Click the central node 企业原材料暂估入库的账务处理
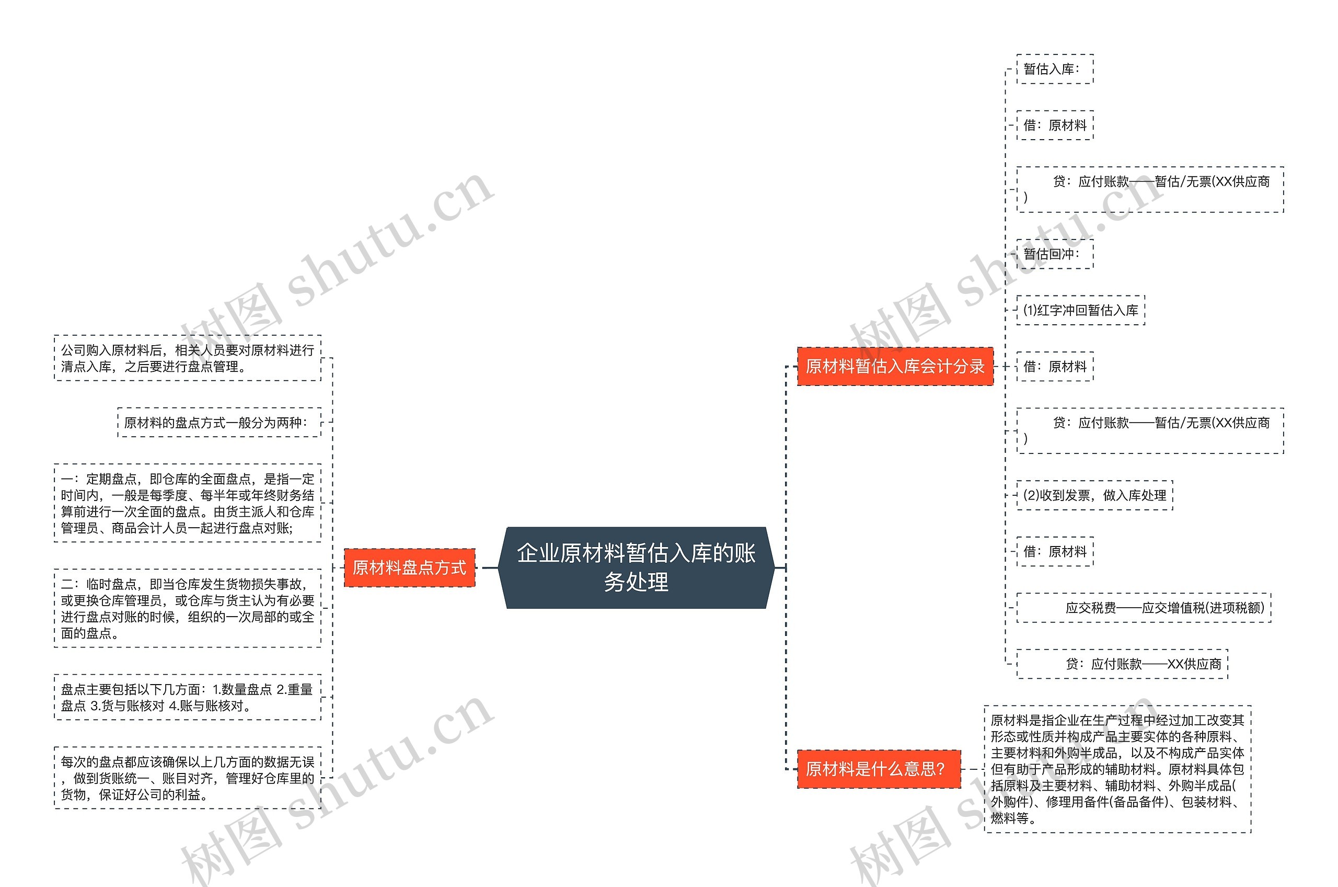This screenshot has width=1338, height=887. click(636, 567)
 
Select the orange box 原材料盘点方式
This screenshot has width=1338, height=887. click(409, 567)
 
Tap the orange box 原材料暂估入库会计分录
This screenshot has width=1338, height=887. click(895, 367)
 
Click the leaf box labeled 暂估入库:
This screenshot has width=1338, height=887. click(1054, 69)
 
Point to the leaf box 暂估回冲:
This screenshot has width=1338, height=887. click(1054, 254)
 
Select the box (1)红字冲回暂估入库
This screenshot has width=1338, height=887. click(1080, 310)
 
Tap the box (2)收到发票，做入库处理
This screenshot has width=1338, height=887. click(1094, 496)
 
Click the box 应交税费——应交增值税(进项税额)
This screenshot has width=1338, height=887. click(1144, 608)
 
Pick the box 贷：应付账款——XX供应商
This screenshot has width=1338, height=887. click(1122, 664)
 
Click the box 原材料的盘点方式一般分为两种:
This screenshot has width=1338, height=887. click(219, 423)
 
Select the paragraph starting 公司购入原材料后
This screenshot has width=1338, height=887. click(187, 358)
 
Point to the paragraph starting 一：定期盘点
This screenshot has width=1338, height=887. click(187, 503)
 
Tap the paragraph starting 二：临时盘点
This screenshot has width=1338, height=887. click(187, 608)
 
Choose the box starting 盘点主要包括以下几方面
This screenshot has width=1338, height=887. click(187, 697)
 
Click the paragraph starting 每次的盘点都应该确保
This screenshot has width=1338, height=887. click(187, 778)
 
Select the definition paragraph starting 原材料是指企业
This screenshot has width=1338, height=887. click(1117, 769)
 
